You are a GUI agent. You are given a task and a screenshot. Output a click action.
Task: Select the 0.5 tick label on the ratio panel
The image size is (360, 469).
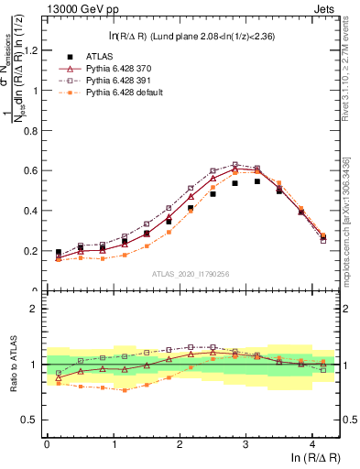tap(32, 420)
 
